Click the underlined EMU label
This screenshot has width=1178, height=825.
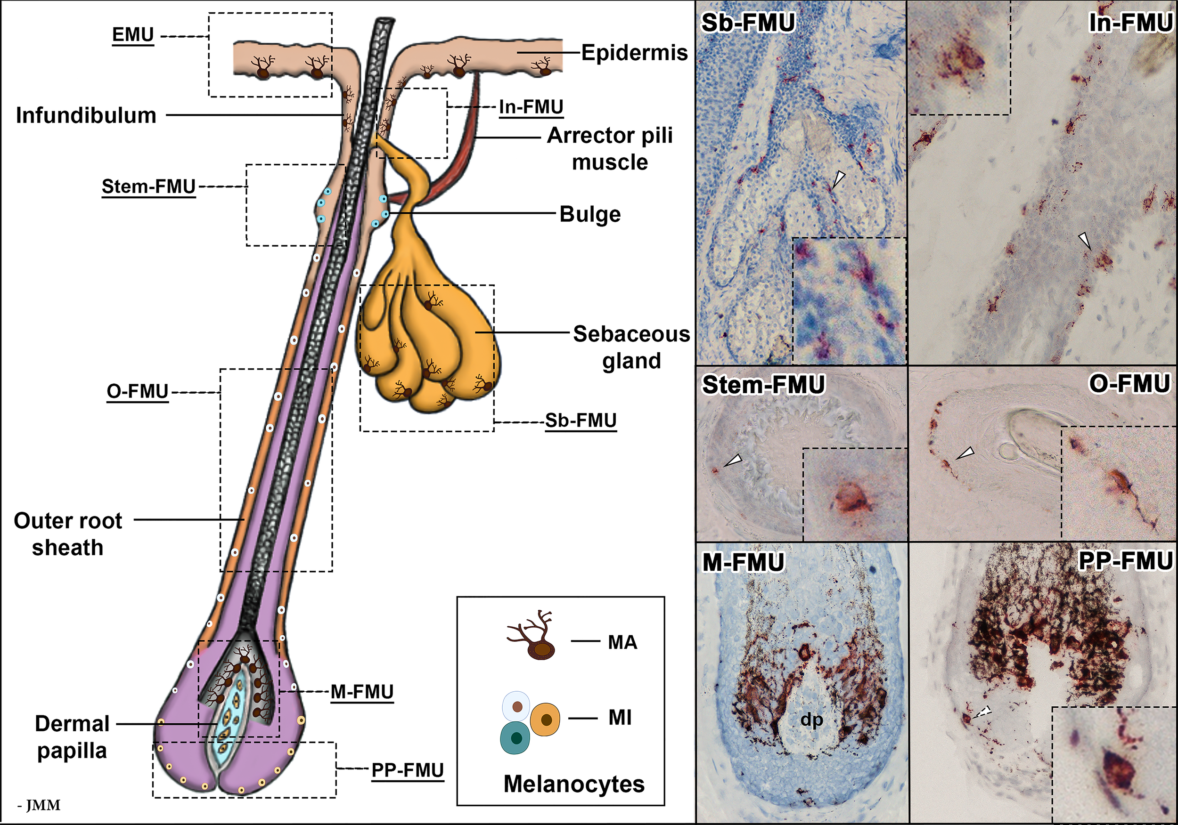[133, 35]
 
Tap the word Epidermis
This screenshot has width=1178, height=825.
[634, 53]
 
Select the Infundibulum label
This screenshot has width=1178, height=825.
[86, 115]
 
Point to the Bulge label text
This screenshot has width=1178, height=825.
[590, 214]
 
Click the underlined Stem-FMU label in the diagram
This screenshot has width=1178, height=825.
[148, 186]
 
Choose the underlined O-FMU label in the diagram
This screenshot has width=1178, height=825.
[138, 391]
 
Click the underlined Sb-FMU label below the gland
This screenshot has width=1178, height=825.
[581, 421]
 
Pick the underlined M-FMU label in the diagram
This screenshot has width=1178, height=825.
[362, 692]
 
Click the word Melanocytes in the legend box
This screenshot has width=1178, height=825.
[573, 784]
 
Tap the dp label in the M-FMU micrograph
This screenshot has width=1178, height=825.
[812, 720]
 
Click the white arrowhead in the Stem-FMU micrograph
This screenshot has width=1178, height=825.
[733, 460]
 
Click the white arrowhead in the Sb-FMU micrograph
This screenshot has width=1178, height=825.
[837, 179]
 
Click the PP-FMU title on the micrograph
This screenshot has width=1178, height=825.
[1125, 561]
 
